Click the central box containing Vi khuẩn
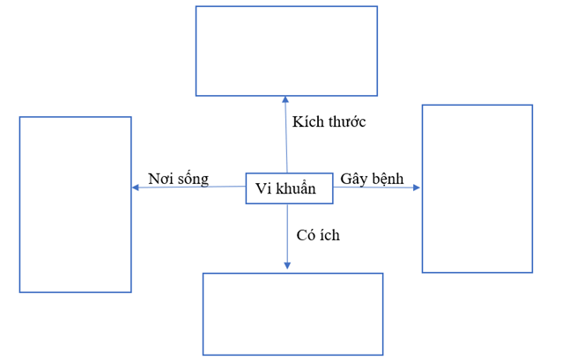288,188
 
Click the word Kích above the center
308,121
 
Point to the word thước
346,121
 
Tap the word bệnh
388,179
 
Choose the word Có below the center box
307,235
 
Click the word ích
330,235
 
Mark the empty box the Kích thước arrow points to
286,51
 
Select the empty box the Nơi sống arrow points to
76,204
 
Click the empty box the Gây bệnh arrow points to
477,188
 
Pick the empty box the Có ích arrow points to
292,313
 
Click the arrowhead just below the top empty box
285,100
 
